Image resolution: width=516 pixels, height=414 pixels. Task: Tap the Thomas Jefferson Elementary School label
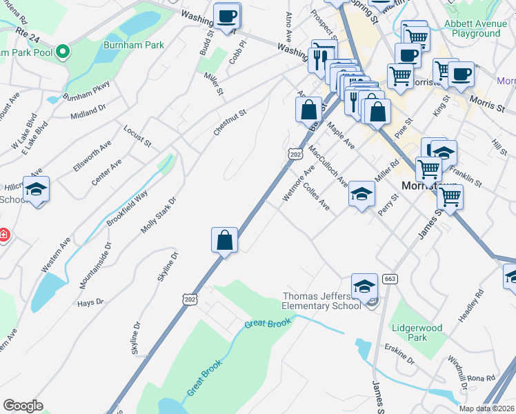pyautogui.click(x=322, y=301)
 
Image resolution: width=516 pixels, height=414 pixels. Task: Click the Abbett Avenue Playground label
pyautogui.click(x=472, y=28)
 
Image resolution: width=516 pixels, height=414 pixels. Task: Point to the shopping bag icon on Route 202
pyautogui.click(x=224, y=241)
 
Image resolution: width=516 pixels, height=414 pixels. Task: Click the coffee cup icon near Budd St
pyautogui.click(x=226, y=17)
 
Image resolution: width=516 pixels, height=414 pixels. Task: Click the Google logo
pyautogui.click(x=23, y=406)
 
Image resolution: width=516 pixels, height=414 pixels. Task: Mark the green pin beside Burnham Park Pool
pyautogui.click(x=63, y=51)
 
